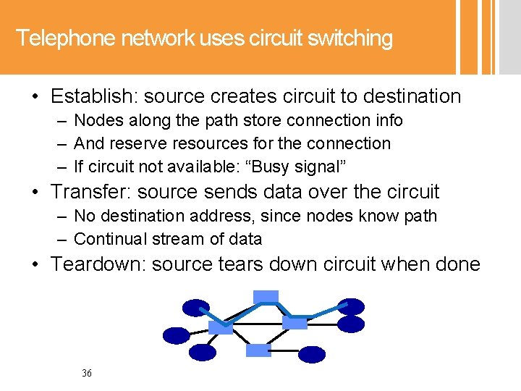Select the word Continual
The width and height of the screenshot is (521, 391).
point(108,239)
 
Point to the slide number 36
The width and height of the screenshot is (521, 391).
point(87,374)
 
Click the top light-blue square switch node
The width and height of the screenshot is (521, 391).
point(266,296)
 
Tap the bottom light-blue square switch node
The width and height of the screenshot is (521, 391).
point(258,350)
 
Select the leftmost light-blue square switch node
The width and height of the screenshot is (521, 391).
point(220,327)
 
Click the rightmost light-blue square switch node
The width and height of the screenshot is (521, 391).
point(295,321)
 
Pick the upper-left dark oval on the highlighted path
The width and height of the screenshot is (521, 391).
point(195,308)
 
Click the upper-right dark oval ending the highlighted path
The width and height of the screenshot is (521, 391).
point(352,307)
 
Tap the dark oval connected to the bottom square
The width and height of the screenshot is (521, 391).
point(313,354)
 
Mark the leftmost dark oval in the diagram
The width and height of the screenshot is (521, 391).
point(176,335)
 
